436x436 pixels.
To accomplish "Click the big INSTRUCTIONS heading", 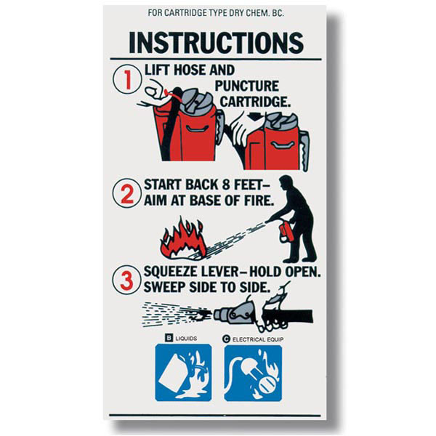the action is (x=216, y=43).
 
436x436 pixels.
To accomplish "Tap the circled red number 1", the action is (x=127, y=79).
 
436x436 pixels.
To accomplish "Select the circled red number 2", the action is (x=126, y=193).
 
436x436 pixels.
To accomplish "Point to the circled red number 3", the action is (x=126, y=280).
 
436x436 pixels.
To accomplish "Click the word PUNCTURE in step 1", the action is (x=247, y=86).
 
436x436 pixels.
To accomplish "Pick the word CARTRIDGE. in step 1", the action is (x=256, y=102).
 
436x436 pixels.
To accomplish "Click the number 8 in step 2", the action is (x=226, y=185).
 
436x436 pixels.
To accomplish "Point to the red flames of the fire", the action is (x=182, y=238).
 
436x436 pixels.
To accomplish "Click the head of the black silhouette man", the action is (x=286, y=183).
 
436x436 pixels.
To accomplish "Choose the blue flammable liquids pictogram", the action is (x=183, y=373).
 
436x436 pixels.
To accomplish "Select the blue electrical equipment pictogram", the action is (x=253, y=373).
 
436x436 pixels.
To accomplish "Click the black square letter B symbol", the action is (x=169, y=338).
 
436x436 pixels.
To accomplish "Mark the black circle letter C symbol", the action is (x=226, y=339).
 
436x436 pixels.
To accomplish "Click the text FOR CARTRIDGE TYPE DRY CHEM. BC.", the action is (x=216, y=13).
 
